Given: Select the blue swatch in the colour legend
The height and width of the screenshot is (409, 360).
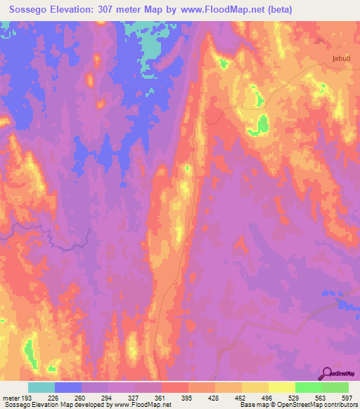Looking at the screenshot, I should coord(68,387).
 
